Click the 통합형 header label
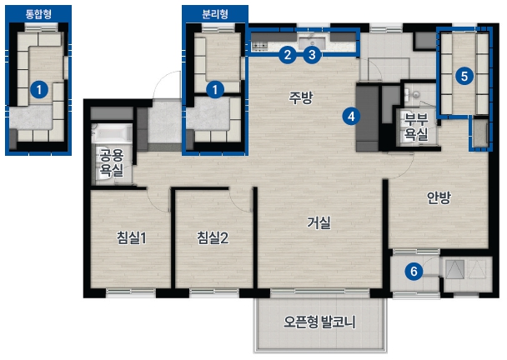pyautogui.click(x=38, y=14)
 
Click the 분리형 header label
pyautogui.click(x=215, y=14)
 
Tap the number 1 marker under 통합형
pyautogui.click(x=39, y=89)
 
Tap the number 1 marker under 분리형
pyautogui.click(x=215, y=89)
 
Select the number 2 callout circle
pyautogui.click(x=288, y=55)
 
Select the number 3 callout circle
pyautogui.click(x=312, y=55)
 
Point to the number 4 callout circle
pyautogui.click(x=351, y=117)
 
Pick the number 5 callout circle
pyautogui.click(x=464, y=77)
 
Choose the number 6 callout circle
pyautogui.click(x=414, y=271)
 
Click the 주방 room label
pyautogui.click(x=301, y=97)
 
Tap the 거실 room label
pyautogui.click(x=319, y=222)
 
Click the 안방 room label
pyautogui.click(x=439, y=197)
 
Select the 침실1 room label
pyautogui.click(x=132, y=237)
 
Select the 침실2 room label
pyautogui.click(x=213, y=237)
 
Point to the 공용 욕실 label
pyautogui.click(x=111, y=162)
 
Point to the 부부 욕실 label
pyautogui.click(x=416, y=127)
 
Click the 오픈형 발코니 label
pyautogui.click(x=319, y=322)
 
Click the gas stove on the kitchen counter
pyautogui.click(x=259, y=46)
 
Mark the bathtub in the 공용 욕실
pyautogui.click(x=112, y=133)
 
